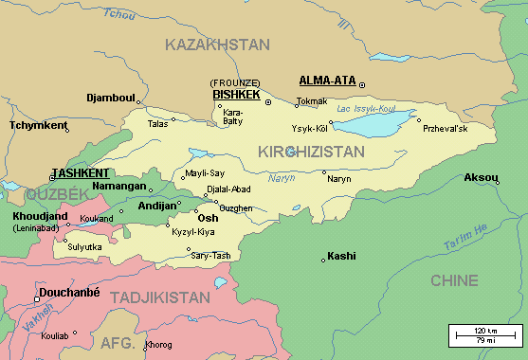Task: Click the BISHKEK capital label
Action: (236, 95)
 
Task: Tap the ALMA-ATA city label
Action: (325, 81)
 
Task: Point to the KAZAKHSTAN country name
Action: (217, 45)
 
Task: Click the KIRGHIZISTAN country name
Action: (311, 152)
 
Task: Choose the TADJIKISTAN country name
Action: (160, 297)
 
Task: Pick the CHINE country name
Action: (454, 280)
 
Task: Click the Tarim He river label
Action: (464, 240)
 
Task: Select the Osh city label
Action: (208, 218)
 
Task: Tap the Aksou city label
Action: (481, 177)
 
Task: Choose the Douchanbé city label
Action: (69, 294)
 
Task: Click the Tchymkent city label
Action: (39, 125)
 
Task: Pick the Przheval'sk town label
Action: (446, 129)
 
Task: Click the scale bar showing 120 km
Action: (485, 333)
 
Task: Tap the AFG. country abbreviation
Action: (118, 343)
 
